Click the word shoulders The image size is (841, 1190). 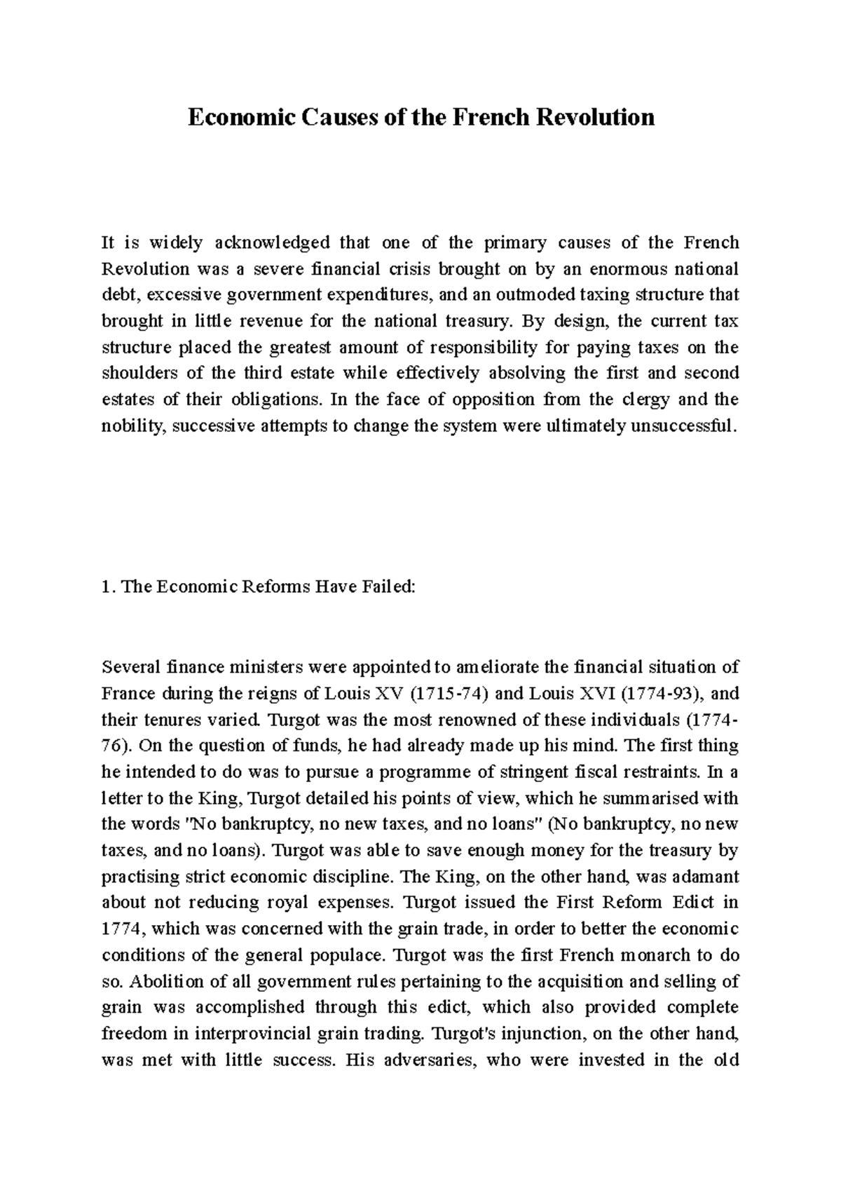click(x=132, y=374)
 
